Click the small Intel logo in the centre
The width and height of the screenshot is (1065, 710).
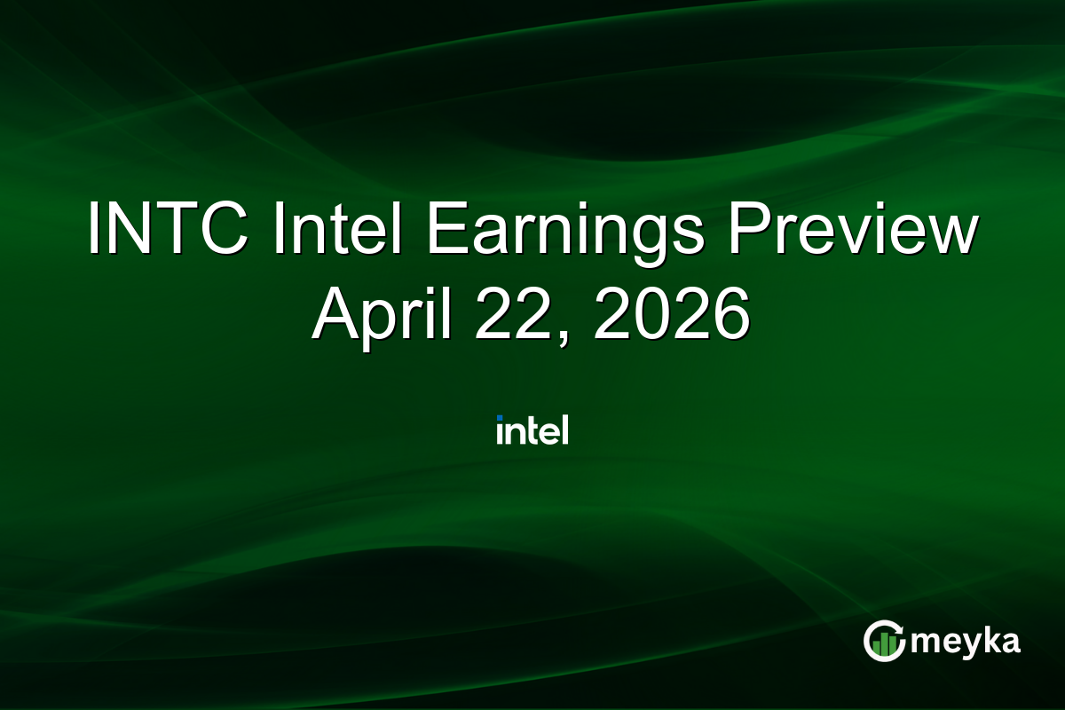[x=532, y=430]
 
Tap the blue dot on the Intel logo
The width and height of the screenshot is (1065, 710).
[x=501, y=418]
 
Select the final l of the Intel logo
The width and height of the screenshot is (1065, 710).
[x=564, y=430]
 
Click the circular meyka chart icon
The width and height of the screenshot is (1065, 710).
[x=884, y=641]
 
